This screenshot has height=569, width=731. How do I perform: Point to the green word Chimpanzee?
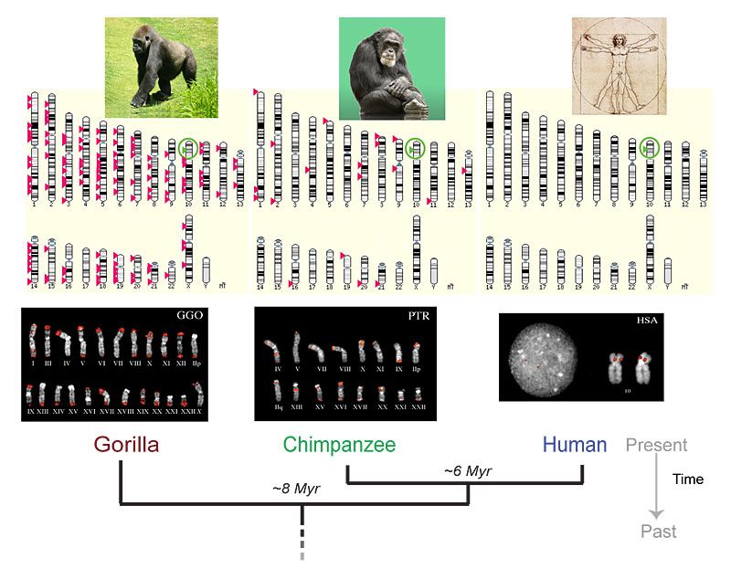tap(339, 446)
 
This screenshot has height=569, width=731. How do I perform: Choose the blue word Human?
tap(575, 446)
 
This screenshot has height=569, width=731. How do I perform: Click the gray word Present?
tap(656, 446)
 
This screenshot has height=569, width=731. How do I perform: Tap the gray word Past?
tap(657, 532)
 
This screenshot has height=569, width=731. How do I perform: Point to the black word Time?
tap(688, 479)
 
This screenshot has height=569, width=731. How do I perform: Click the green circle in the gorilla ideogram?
tap(188, 146)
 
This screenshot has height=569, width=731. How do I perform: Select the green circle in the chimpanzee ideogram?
tap(417, 146)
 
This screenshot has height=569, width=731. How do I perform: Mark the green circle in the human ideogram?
tap(650, 145)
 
